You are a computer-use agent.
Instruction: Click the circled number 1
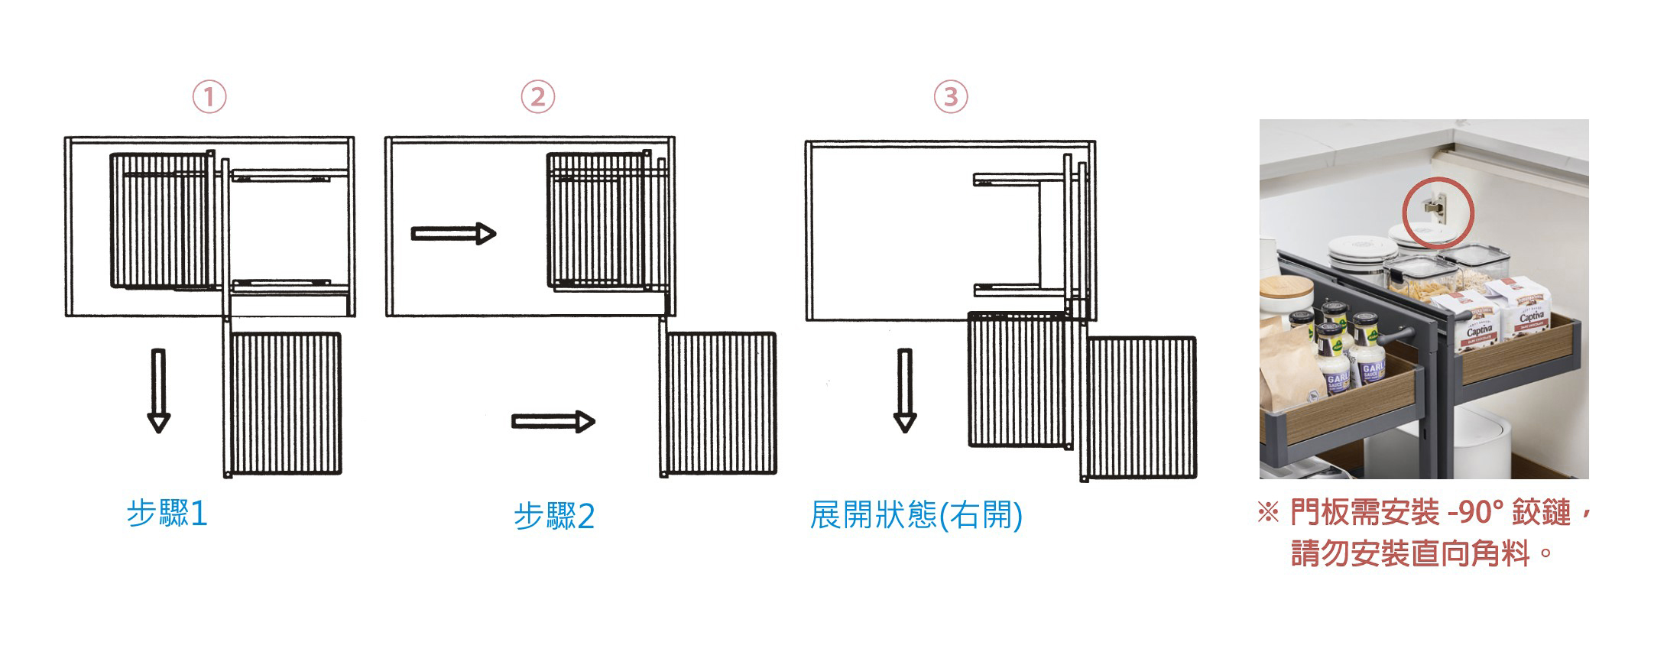coord(209,98)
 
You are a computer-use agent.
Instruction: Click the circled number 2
coord(538,98)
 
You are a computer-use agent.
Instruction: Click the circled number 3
coord(951,98)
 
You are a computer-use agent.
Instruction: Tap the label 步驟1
coord(167,514)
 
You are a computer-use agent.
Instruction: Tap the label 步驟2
coord(554,517)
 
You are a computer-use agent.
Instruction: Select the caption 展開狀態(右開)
coord(916,515)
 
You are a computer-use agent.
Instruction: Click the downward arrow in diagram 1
coord(158,391)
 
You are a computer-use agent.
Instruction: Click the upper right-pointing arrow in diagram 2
coord(453,233)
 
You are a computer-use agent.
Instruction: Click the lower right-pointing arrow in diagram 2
coord(553,421)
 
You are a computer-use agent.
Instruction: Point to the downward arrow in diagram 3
coord(905,391)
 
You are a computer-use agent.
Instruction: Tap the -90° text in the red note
coord(1475,513)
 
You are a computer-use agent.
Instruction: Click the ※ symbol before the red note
coord(1267,513)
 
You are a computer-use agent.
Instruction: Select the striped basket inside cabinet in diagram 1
coord(161,220)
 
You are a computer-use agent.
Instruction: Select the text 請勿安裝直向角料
coord(1410,553)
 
